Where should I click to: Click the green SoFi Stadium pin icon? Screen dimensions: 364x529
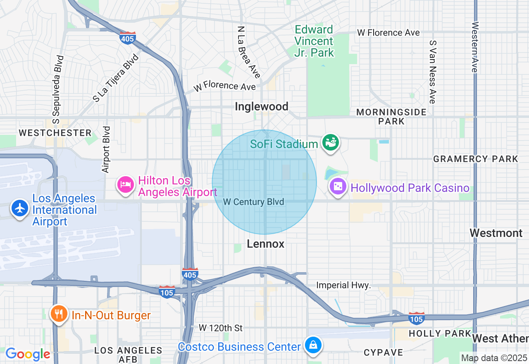pos(331,143)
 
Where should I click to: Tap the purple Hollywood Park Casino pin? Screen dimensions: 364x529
pos(338,187)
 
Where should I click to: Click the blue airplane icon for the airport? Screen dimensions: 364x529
pos(19,208)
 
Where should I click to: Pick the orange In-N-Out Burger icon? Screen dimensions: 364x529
pos(59,314)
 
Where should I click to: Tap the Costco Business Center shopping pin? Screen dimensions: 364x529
pos(313,345)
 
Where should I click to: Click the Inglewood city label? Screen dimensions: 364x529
pos(261,107)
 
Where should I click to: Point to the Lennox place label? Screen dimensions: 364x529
pos(265,244)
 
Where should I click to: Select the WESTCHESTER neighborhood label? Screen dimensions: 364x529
pos(55,133)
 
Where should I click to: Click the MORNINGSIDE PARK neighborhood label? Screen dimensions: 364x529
pos(391,117)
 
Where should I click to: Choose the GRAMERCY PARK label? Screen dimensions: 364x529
pos(475,159)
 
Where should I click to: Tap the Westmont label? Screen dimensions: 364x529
pos(496,233)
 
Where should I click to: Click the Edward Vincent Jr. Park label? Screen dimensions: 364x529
pos(314,41)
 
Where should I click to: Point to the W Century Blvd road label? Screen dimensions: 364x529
pos(253,202)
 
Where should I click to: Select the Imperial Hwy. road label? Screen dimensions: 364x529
pos(343,285)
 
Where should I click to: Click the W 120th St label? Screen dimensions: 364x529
pos(221,328)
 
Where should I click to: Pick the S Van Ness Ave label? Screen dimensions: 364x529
pos(432,72)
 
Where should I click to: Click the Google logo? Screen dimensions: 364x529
pos(28,354)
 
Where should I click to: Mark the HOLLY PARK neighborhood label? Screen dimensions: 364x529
pos(440,333)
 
